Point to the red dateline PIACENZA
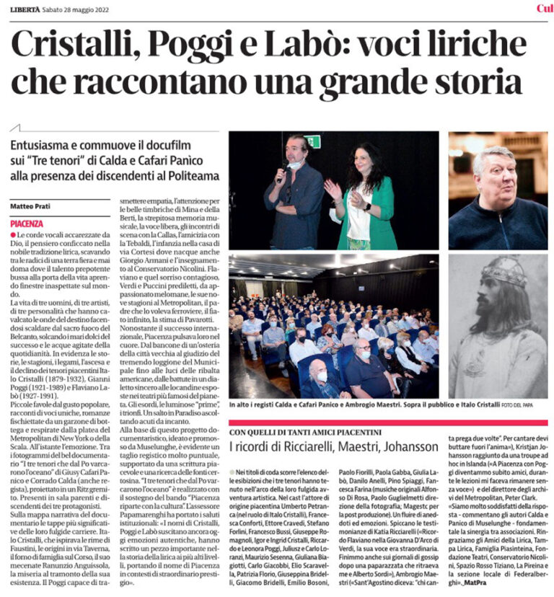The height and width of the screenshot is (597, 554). [27, 224]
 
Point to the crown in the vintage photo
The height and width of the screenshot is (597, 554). [505, 273]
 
